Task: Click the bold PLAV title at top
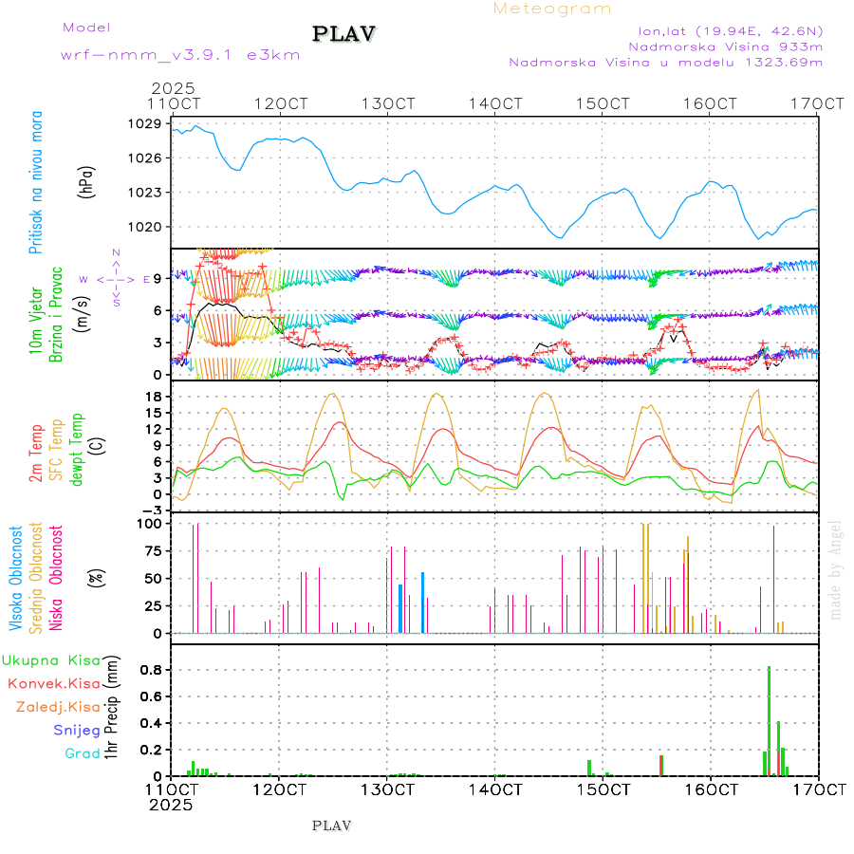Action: point(345,34)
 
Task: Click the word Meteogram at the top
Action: point(552,9)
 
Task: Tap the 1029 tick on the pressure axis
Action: point(146,123)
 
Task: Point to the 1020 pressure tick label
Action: point(146,227)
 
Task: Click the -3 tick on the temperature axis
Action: point(152,510)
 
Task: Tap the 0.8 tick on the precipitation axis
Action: point(152,668)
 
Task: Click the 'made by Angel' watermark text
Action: point(836,569)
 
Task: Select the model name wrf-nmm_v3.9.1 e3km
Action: point(180,54)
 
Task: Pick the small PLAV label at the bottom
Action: point(331,826)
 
